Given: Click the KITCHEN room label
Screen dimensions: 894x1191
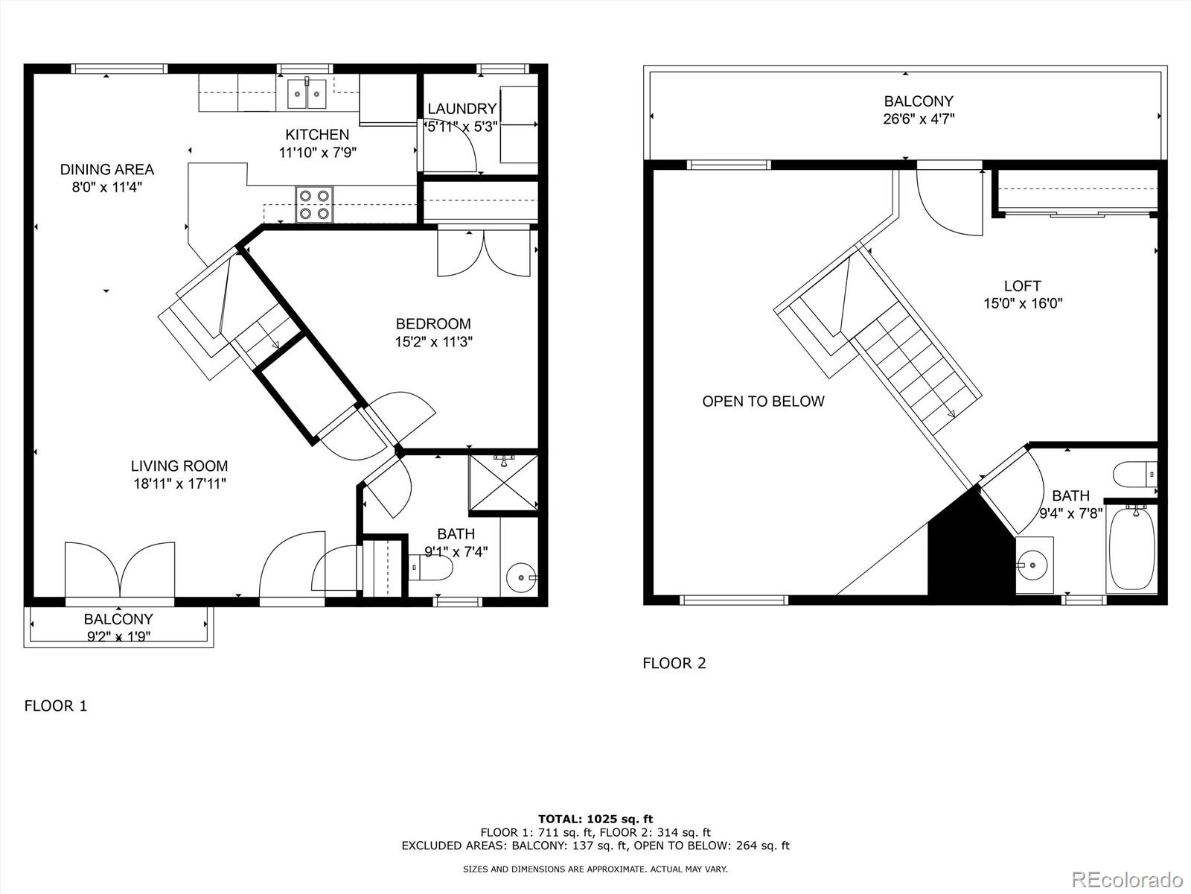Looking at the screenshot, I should pos(317,135).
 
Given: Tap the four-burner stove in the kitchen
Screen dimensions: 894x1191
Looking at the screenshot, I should pos(314,204).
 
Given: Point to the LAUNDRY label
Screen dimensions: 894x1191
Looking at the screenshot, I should pos(462,109).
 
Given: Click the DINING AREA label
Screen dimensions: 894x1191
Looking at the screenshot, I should pos(106,170).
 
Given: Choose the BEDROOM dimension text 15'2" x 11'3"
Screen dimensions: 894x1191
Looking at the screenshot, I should pos(434,342).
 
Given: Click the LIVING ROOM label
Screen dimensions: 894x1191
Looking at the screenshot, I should pos(179,466).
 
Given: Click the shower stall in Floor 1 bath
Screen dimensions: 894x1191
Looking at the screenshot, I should pos(503,483).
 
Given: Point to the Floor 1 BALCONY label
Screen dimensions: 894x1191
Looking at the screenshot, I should pos(118,619).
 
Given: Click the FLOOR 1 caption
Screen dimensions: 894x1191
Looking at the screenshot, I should pos(56,706).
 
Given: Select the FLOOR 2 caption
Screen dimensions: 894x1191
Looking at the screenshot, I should pos(674,663).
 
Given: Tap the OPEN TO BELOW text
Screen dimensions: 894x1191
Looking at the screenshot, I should pos(763,402).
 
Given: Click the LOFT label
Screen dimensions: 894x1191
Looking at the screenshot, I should pos(1022,286).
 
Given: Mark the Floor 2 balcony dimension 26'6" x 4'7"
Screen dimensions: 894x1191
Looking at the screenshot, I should pos(919,118).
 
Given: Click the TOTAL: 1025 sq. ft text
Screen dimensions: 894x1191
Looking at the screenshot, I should pos(595,819).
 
